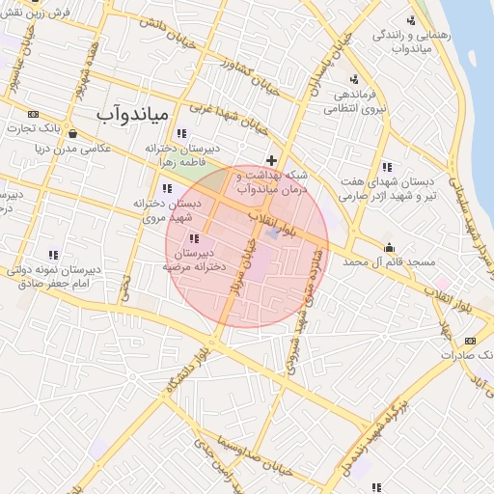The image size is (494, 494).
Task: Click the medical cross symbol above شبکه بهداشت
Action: pos(272,159)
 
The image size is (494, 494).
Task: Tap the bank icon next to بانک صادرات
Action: pos(470,341)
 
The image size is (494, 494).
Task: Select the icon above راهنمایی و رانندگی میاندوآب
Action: pos(413,19)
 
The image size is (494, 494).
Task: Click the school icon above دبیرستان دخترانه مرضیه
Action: pos(194,237)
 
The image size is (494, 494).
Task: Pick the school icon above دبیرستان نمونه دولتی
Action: pos(53,255)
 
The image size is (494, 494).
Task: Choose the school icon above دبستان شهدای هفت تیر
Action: pos(387,166)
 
